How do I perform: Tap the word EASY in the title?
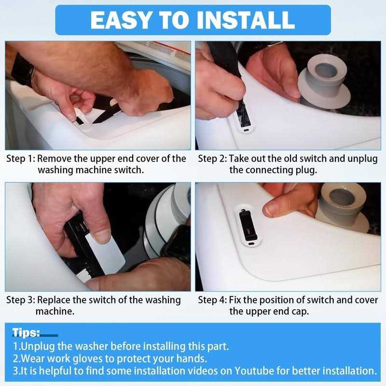pyautogui.click(x=121, y=20)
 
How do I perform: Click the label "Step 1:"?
pyautogui.click(x=21, y=159)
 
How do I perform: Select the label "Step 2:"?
pyautogui.click(x=212, y=159)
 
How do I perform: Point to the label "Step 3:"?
pyautogui.click(x=21, y=300)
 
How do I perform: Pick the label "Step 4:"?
pyautogui.click(x=212, y=300)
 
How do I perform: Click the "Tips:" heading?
pyautogui.click(x=26, y=332)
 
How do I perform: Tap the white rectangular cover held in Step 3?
pyautogui.click(x=105, y=254)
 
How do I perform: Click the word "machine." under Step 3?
pyautogui.click(x=55, y=311)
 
